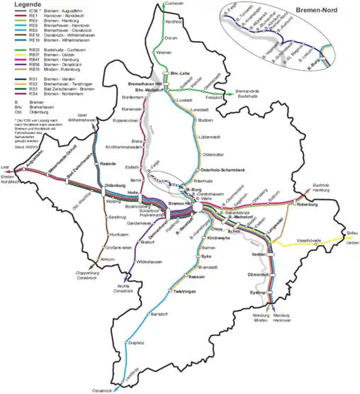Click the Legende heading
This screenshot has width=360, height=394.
[x=22, y=6]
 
